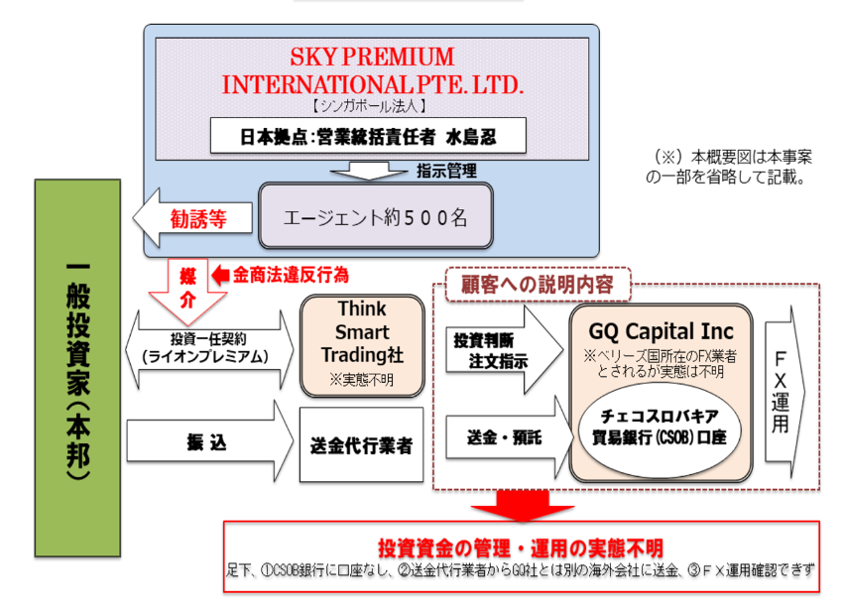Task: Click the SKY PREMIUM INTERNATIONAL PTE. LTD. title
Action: (372, 69)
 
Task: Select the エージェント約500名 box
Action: (375, 215)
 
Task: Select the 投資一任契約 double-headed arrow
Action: (210, 349)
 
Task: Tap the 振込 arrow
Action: (208, 443)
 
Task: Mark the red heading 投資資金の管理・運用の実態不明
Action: (521, 548)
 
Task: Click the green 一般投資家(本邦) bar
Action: (77, 368)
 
